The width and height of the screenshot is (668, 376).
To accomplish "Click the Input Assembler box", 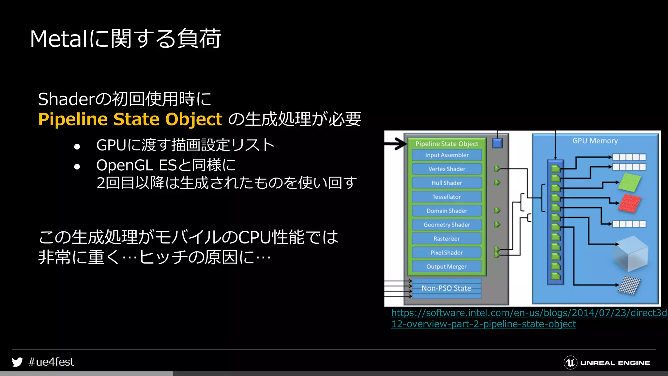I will [447, 155].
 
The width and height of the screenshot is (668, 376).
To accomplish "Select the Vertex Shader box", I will [447, 169].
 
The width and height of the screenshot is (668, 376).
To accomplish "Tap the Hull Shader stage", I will [447, 183].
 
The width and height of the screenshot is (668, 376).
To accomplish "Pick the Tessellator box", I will [447, 197].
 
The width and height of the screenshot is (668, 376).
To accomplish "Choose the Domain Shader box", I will [447, 211].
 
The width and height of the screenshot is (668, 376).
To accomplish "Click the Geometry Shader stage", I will [447, 225].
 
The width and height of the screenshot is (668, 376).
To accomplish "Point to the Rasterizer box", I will [447, 239].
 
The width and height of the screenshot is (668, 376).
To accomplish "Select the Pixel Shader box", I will [447, 253].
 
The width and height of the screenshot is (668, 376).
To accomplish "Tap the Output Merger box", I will [447, 267].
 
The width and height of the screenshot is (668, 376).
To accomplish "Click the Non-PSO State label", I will [446, 288].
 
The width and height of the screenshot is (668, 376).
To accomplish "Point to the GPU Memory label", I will [595, 141].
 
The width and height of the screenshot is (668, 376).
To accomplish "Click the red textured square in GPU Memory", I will [630, 203].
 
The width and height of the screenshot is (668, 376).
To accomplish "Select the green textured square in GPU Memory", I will [630, 182].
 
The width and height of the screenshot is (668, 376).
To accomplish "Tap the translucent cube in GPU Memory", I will [631, 254].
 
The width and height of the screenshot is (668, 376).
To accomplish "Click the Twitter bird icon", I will [17, 362].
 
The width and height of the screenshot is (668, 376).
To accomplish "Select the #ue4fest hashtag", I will [51, 362].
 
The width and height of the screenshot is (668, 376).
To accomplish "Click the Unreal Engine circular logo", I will [570, 363].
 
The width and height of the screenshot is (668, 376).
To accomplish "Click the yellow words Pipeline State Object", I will [130, 119].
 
